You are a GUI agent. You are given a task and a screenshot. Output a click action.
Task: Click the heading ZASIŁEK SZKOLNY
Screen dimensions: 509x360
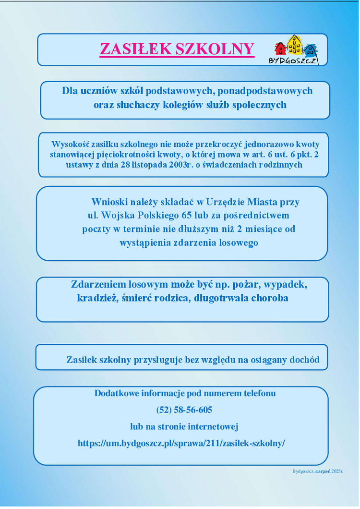177,49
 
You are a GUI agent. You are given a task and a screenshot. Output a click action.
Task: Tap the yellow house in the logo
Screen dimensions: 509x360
295,45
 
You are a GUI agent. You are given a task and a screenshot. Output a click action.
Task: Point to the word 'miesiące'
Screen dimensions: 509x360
264,229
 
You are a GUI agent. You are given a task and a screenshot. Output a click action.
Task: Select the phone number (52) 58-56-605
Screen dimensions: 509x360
184,410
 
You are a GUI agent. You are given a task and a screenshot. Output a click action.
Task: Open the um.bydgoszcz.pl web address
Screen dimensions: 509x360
181,443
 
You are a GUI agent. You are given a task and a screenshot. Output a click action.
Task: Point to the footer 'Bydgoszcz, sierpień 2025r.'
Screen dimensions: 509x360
318,471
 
